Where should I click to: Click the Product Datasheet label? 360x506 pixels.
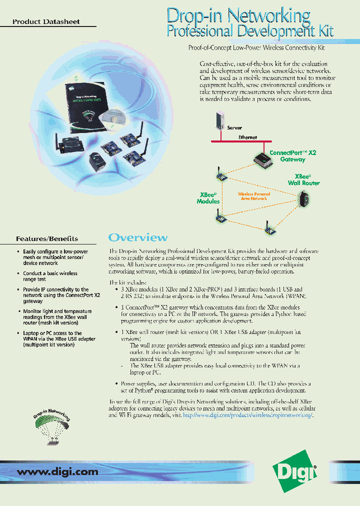click(46, 21)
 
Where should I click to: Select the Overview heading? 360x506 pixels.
click(138, 237)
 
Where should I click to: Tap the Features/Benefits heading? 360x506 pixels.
click(47, 238)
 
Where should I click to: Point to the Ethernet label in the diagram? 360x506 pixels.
click(247, 137)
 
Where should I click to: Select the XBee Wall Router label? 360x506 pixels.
click(303, 180)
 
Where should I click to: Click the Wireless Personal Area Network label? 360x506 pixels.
click(253, 196)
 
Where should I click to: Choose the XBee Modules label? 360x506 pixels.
click(208, 198)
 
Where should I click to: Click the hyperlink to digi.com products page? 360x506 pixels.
click(247, 415)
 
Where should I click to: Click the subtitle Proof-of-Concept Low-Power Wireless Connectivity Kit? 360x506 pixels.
click(256, 47)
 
